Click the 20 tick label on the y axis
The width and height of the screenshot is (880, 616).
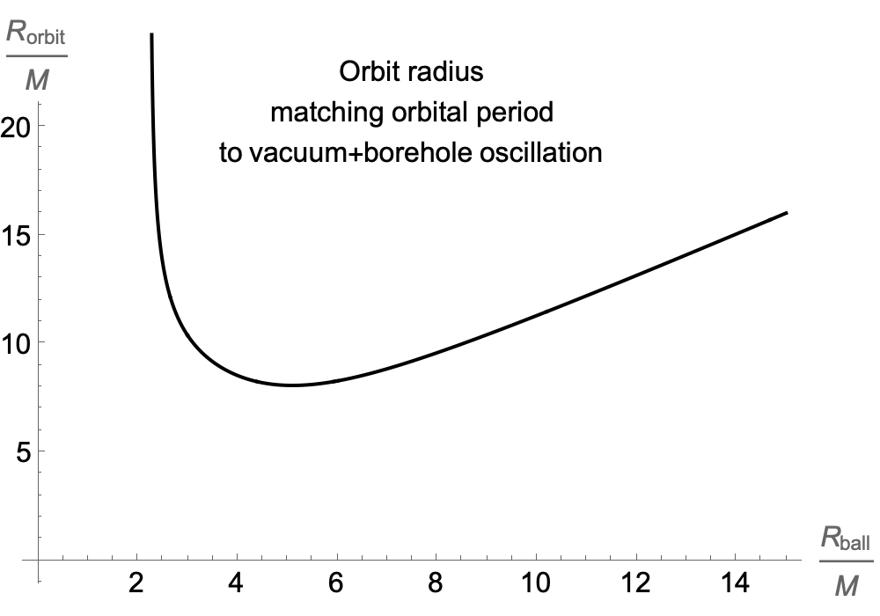click(17, 127)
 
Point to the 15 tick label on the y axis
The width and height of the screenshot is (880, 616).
click(17, 235)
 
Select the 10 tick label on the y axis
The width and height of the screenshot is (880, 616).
click(17, 343)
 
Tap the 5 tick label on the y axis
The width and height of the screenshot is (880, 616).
click(23, 452)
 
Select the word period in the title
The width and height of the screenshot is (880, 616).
click(517, 113)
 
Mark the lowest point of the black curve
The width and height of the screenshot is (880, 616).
click(290, 385)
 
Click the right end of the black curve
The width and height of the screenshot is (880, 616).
click(786, 213)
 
